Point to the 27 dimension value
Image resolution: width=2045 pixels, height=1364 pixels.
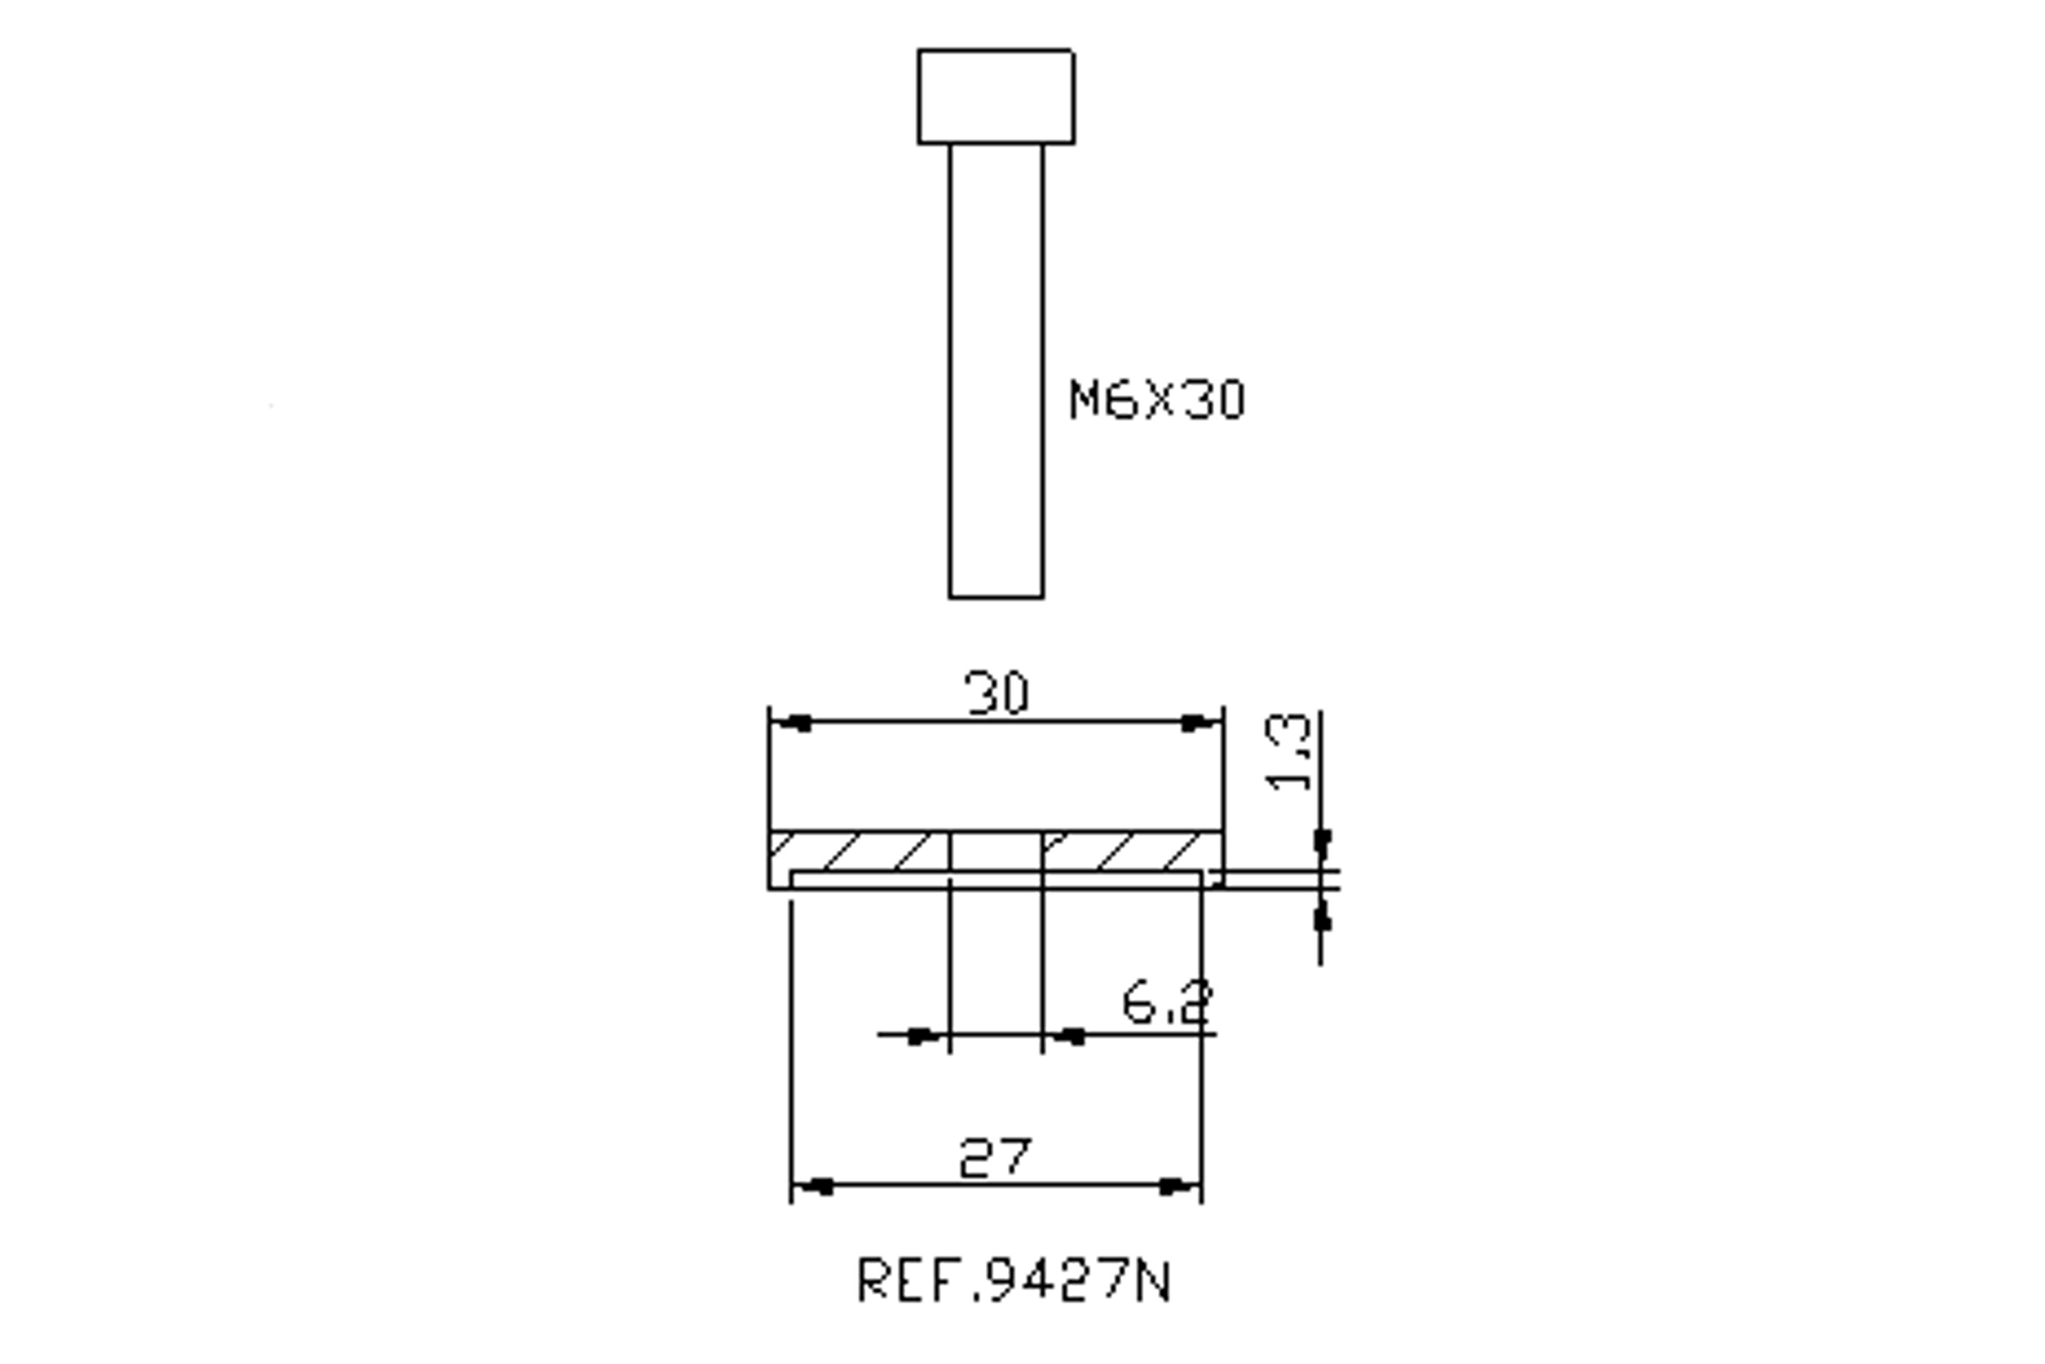(x=996, y=1158)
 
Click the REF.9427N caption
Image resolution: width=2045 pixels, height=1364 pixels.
(x=1014, y=1280)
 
